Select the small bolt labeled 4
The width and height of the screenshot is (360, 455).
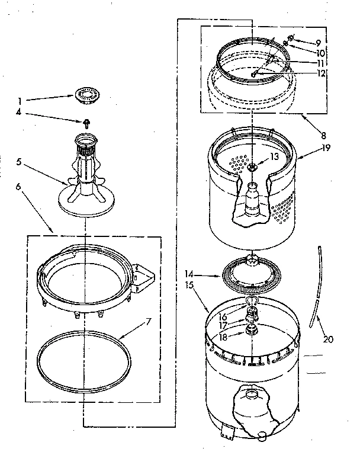(86, 123)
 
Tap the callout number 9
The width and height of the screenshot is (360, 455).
(318, 43)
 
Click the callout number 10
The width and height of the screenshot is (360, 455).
(322, 53)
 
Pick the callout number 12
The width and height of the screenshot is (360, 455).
(321, 74)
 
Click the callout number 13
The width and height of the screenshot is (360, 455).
(274, 156)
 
